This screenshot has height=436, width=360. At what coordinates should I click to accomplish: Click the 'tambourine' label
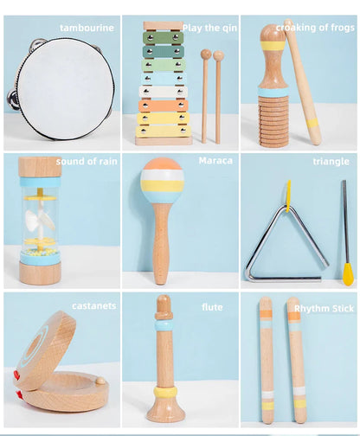pyautogui.click(x=87, y=28)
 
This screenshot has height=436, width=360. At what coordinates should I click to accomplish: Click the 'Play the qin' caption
pyautogui.click(x=209, y=28)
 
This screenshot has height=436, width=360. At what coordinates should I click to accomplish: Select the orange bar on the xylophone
pyautogui.click(x=163, y=106)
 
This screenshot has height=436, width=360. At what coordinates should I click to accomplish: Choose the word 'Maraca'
pyautogui.click(x=215, y=161)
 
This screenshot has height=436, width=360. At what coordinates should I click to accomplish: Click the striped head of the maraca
pyautogui.click(x=162, y=179)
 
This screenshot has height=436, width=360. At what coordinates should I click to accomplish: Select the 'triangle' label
pyautogui.click(x=331, y=162)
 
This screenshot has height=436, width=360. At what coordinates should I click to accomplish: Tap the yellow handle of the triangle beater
pyautogui.click(x=348, y=272)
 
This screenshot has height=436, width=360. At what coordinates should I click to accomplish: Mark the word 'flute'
pyautogui.click(x=212, y=307)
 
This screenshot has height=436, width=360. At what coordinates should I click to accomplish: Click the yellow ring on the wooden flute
pyautogui.click(x=164, y=391)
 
